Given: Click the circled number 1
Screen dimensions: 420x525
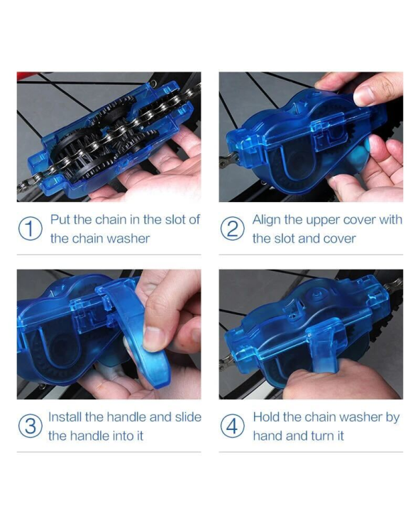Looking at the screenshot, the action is pos(30,229).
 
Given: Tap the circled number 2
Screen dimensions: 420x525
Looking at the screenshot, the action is pos(232,229).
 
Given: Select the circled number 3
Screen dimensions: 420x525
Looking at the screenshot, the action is pos(30,426).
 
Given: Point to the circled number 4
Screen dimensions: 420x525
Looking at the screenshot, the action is pos(232,426).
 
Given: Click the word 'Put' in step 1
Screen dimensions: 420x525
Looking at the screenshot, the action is pos(60,220).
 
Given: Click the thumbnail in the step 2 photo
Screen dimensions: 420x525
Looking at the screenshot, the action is pos(363,96).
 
